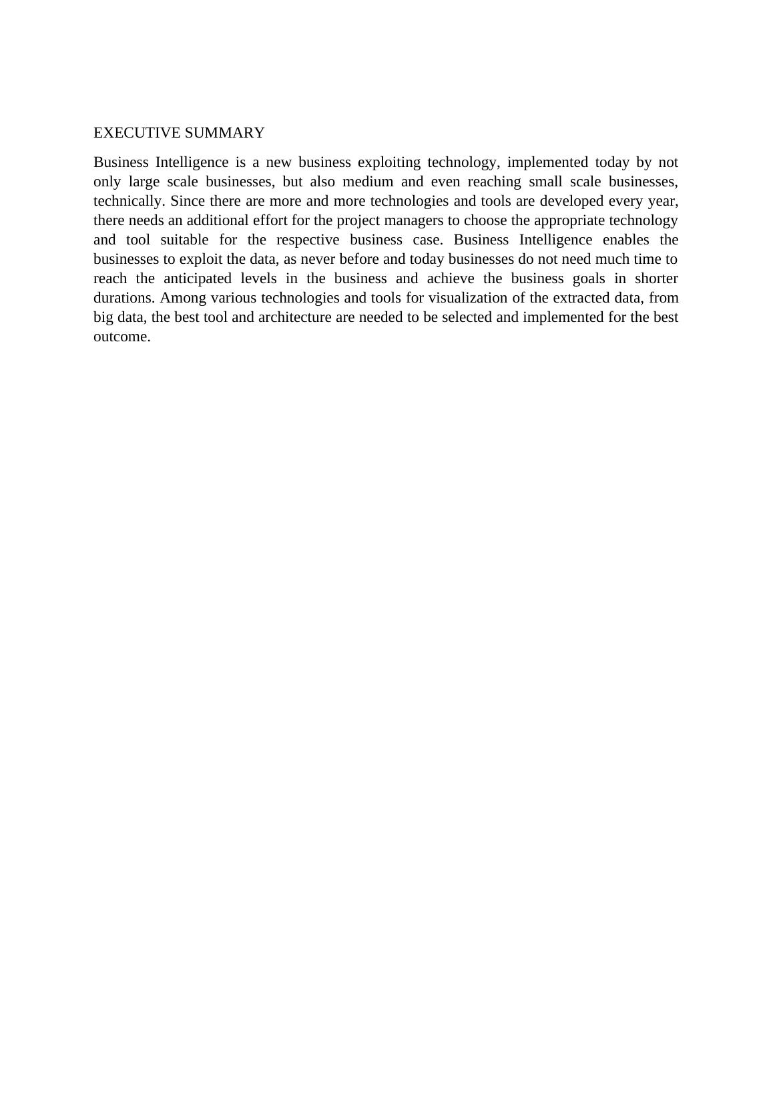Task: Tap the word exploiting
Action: click(389, 162)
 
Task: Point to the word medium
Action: click(368, 182)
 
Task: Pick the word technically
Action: click(130, 201)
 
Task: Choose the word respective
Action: click(308, 240)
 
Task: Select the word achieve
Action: click(451, 279)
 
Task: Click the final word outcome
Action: click(121, 337)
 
